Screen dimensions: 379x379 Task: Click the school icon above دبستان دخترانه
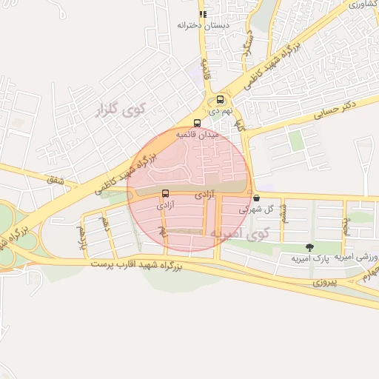[203, 14]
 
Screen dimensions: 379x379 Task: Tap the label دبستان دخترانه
[203, 25]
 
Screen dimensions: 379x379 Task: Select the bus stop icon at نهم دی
[221, 99]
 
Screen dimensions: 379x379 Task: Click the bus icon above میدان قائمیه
[197, 124]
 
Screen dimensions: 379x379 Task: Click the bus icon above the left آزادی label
[165, 194]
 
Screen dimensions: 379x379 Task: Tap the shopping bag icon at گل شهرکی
[256, 198]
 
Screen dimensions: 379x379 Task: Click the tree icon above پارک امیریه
[309, 246]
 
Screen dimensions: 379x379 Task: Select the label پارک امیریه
[309, 258]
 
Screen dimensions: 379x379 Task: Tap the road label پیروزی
[323, 282]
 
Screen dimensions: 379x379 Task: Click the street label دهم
[108, 221]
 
